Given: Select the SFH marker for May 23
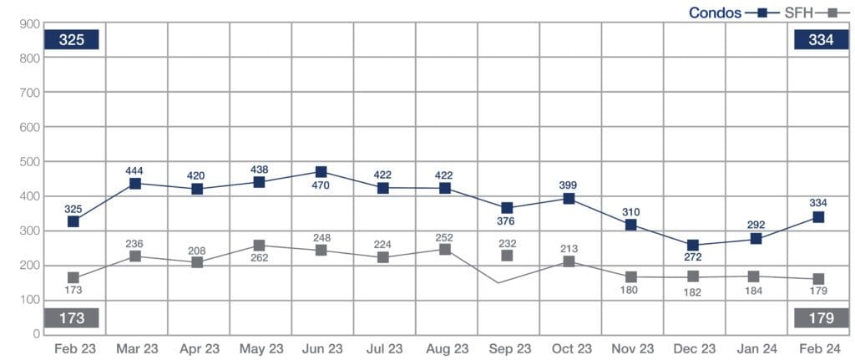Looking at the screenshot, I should click(x=259, y=246).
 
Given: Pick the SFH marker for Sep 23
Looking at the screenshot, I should click(x=507, y=256).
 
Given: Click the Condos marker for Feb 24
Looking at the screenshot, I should click(x=818, y=217).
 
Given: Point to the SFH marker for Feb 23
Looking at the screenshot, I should click(x=73, y=277).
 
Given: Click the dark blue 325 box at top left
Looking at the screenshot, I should click(x=73, y=40).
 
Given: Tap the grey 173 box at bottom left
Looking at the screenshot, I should click(x=73, y=318).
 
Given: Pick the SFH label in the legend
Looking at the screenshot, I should click(x=793, y=13).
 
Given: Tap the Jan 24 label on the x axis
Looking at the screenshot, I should click(x=755, y=347).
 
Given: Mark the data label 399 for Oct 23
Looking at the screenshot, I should click(x=569, y=185).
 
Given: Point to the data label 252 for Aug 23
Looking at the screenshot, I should click(x=445, y=237).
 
